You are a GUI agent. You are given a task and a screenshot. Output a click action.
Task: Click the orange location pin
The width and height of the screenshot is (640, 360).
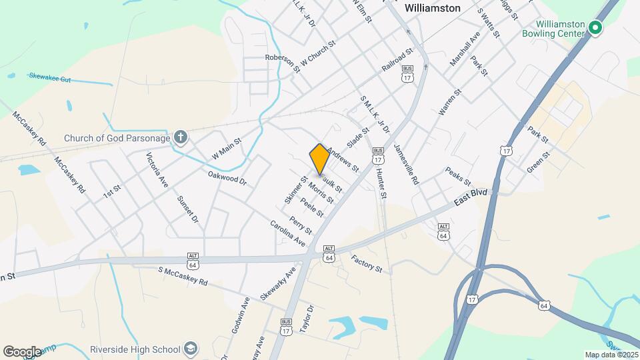[319, 159]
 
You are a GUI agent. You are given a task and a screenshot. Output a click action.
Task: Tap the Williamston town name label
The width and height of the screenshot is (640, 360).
[433, 8]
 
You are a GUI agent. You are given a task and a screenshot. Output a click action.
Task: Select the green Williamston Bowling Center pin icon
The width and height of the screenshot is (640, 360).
[595, 27]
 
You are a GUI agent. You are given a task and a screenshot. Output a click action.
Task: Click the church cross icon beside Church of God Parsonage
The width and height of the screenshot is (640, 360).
[179, 138]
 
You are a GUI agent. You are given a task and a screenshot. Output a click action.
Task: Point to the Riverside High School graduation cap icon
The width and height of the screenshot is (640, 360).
[191, 349]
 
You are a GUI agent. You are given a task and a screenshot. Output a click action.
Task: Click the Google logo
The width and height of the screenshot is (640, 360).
[22, 351]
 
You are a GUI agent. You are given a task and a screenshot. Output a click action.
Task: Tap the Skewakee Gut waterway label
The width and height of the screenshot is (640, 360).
[49, 77]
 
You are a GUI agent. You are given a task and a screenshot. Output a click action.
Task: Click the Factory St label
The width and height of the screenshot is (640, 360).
[367, 265]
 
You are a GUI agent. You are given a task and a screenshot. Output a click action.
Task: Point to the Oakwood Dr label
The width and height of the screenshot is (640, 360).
[227, 178]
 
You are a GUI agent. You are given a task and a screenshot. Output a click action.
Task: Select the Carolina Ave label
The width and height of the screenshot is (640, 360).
[288, 232]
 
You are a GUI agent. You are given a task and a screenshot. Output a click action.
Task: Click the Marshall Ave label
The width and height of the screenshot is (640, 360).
[465, 49]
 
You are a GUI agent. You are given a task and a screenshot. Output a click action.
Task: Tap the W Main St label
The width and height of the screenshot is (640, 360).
[226, 145]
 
